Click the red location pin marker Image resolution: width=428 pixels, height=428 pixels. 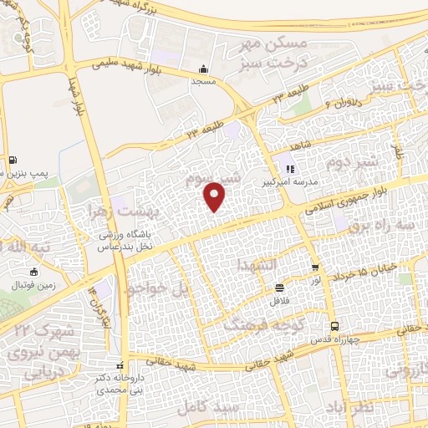[216, 196]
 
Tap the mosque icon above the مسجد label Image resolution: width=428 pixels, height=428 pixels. [203, 70]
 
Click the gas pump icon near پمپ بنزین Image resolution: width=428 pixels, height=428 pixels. [13, 161]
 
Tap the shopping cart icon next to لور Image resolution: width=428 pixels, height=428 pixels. [315, 268]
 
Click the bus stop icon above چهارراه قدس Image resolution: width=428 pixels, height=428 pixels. [334, 327]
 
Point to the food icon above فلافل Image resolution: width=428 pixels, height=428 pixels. [279, 288]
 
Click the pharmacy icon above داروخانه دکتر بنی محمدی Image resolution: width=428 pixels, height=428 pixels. [120, 365]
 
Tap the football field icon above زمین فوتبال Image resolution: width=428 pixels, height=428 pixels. [33, 272]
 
